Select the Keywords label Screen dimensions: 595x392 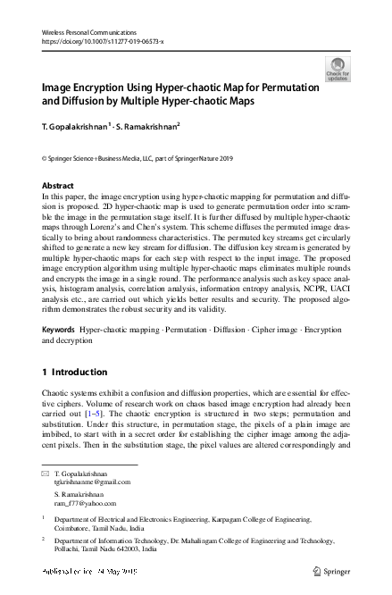point(60,330)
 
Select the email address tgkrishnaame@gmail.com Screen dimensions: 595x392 point(93,481)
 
